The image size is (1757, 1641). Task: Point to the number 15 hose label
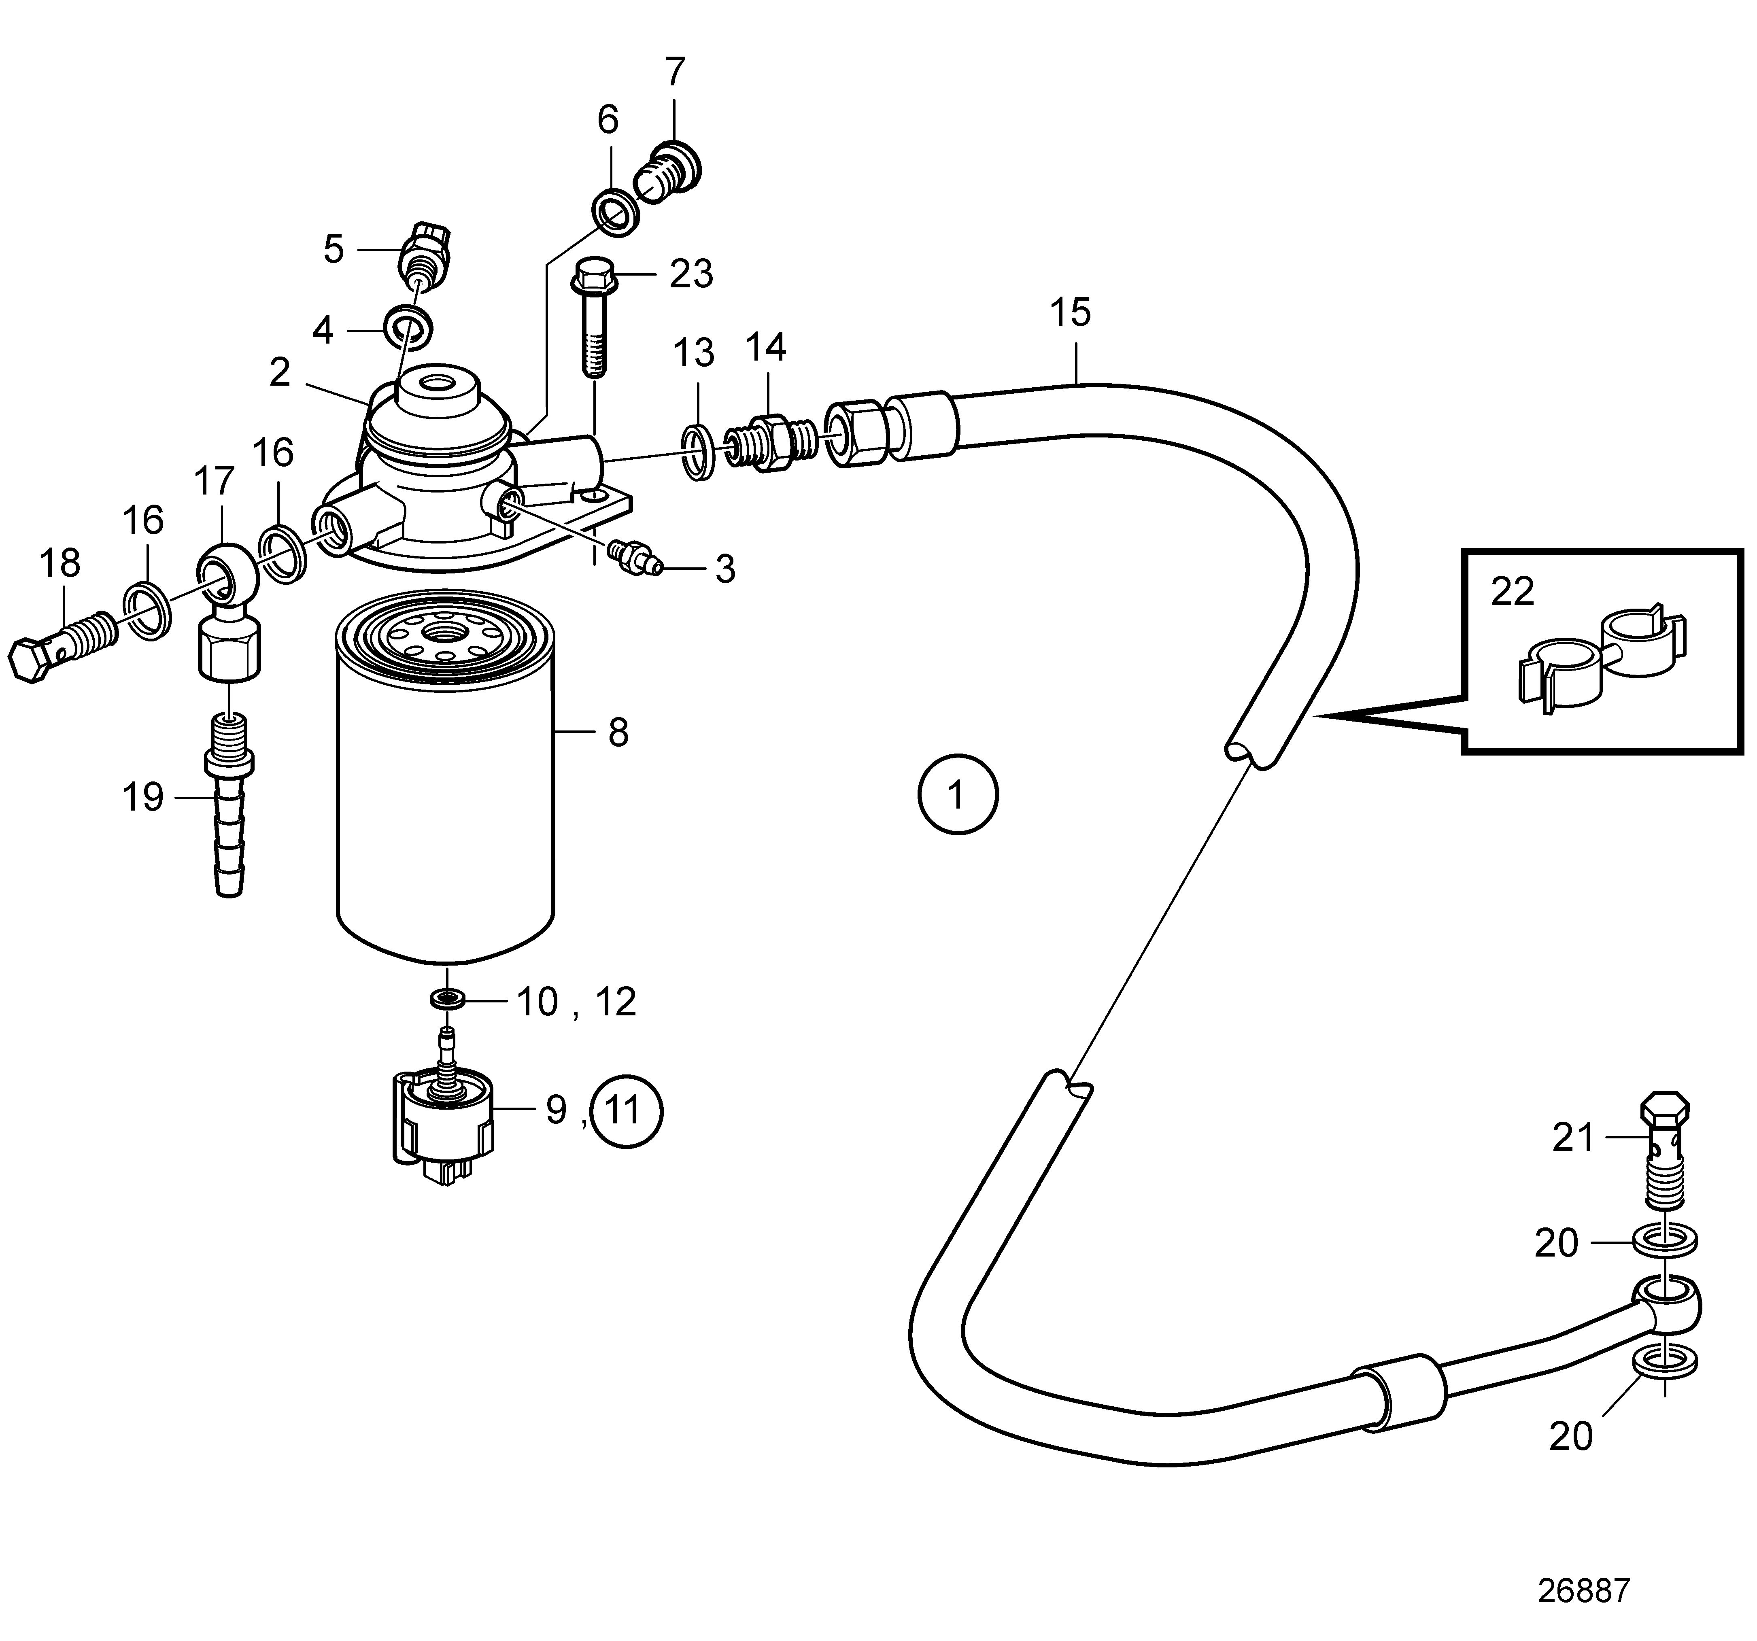pyautogui.click(x=1070, y=312)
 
